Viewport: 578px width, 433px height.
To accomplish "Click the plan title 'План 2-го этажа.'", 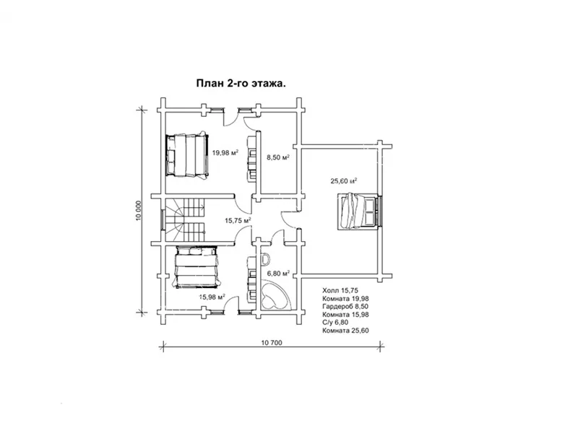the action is tap(241, 84).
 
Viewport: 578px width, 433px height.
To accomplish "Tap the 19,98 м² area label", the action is tap(225, 152).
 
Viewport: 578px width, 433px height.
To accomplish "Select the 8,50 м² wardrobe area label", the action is tap(278, 157).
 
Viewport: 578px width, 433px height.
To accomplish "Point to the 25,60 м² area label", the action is tap(344, 181).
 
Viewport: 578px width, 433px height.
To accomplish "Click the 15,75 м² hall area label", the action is tap(238, 220).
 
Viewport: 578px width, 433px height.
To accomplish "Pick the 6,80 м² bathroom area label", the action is tap(278, 274).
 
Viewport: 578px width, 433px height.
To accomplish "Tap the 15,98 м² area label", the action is tap(212, 297).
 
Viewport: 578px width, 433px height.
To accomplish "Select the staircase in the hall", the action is tap(185, 219).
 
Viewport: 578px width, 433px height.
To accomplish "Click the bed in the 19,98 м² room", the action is tap(187, 155).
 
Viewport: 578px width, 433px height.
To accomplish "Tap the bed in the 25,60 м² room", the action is tap(358, 211).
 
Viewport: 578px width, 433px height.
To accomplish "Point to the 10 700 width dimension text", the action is tap(272, 343).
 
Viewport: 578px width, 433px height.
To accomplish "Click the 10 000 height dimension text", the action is tap(138, 211).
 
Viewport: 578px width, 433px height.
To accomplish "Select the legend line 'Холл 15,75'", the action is tap(340, 291).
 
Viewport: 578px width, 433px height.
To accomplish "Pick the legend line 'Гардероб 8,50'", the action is tap(345, 306).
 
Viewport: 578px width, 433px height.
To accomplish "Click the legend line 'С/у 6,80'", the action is tap(335, 322).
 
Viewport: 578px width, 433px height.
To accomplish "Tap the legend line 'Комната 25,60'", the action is tap(345, 331).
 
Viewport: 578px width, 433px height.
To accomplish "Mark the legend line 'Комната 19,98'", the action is tap(345, 299).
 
